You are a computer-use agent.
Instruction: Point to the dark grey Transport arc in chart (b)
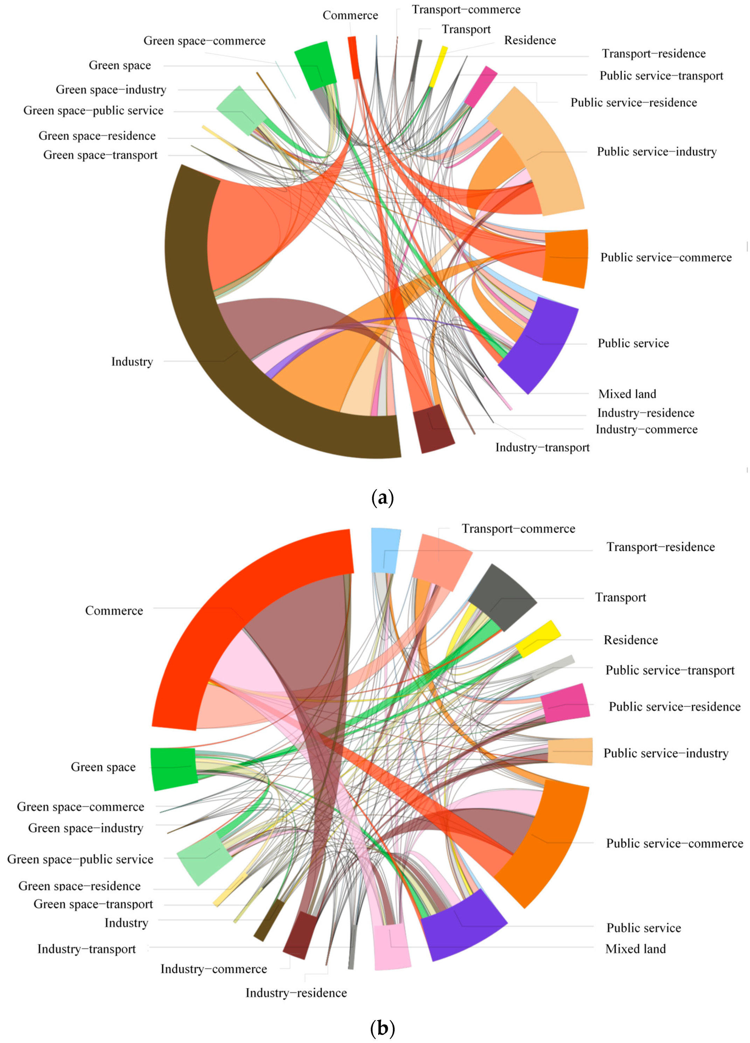(x=501, y=597)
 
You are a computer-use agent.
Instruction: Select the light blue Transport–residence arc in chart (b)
(x=385, y=550)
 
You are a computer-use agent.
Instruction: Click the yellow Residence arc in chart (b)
(x=537, y=639)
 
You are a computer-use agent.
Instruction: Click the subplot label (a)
(x=382, y=498)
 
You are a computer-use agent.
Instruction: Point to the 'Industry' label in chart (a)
(x=132, y=361)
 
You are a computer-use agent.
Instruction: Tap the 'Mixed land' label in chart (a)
(x=627, y=394)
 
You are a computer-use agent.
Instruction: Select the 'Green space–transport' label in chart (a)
(x=100, y=155)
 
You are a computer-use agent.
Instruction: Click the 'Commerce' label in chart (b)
(x=114, y=611)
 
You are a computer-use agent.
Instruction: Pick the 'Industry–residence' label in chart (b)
(x=296, y=993)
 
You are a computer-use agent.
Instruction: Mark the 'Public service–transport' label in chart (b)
(x=669, y=670)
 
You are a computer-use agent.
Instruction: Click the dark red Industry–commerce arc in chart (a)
(x=433, y=428)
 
